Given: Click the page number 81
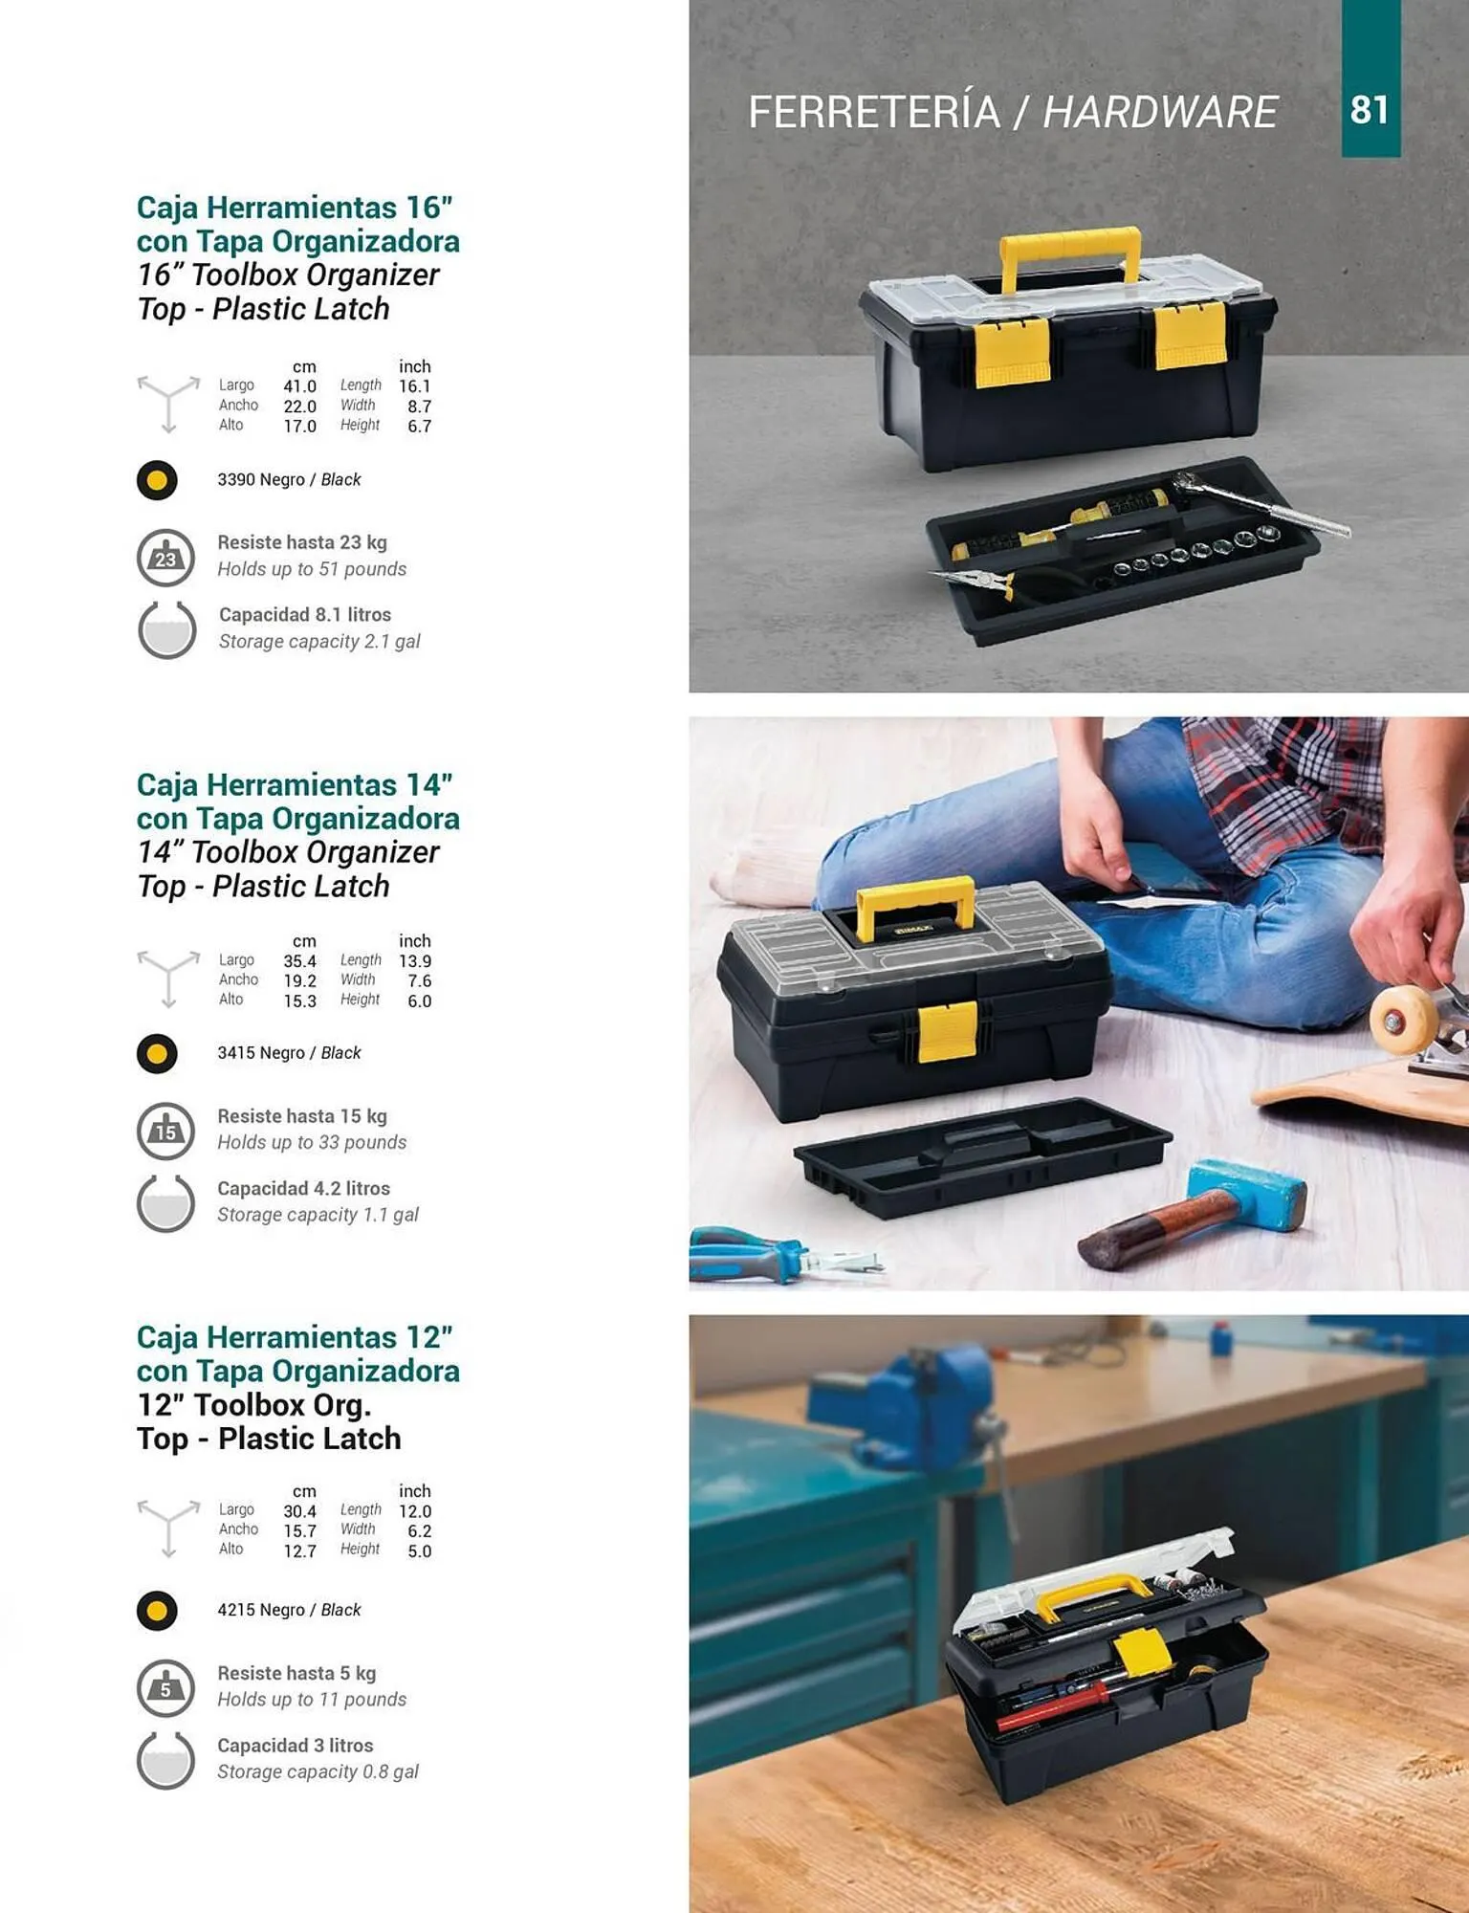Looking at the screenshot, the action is (x=1370, y=110).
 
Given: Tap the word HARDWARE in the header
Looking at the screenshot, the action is (x=1160, y=112).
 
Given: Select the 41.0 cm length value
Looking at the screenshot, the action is (x=299, y=386).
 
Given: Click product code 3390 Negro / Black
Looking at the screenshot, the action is (x=289, y=479).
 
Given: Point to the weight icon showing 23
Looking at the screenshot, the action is (x=166, y=558).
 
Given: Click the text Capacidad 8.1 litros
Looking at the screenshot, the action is (x=305, y=614).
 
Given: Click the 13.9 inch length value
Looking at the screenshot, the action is (x=415, y=961).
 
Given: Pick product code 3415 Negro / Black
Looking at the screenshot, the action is (x=289, y=1052).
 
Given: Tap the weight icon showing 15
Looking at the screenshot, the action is (x=166, y=1131).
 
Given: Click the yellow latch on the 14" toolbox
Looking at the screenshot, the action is (x=947, y=1032).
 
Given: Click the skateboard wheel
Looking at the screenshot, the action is (x=1404, y=1021).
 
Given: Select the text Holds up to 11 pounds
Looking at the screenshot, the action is (x=312, y=1699).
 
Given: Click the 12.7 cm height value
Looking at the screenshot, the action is (x=299, y=1550).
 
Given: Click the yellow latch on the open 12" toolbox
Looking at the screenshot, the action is (x=1144, y=1653).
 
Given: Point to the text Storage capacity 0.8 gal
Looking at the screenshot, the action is (x=318, y=1771).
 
